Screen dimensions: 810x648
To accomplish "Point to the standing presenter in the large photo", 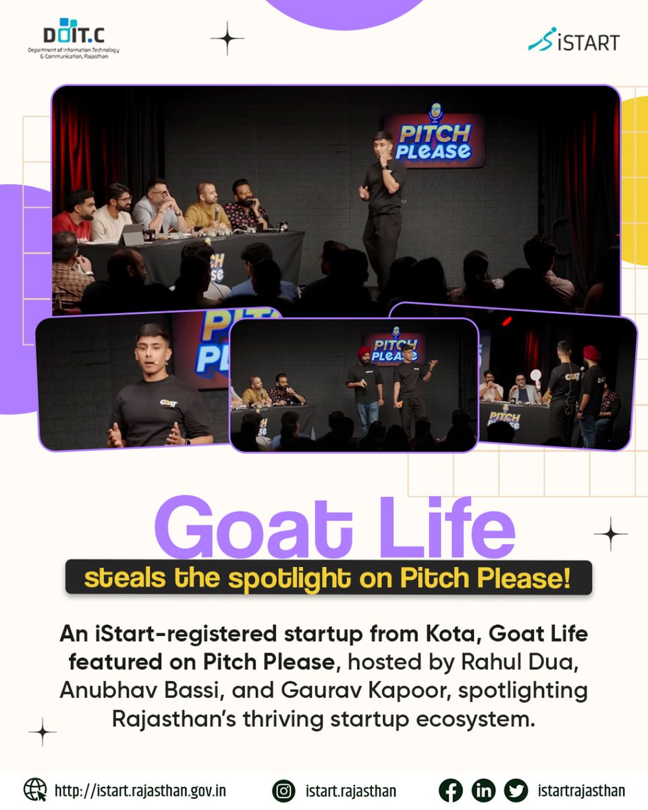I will pos(382,196).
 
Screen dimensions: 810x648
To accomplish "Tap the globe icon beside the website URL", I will pos(35,790).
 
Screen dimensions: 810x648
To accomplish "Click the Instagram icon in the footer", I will pos(283,790).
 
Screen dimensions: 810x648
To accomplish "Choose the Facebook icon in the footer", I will pos(450,790).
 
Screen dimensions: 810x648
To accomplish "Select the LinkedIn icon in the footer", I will pos(483,790).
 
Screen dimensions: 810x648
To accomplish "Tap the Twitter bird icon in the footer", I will pos(516,790).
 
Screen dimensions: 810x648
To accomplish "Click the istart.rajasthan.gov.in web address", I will pos(140,790).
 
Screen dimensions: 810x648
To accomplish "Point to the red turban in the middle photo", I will pos(364,352).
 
